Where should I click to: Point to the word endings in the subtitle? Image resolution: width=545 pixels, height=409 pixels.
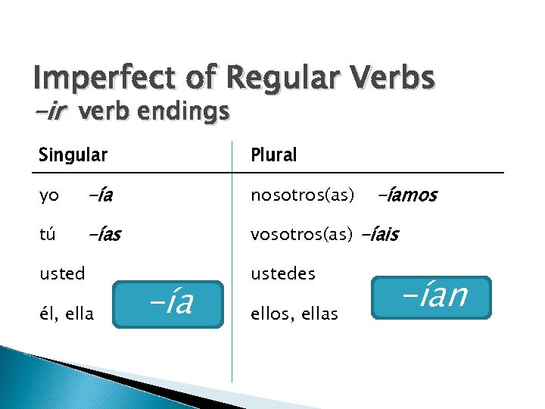(x=187, y=112)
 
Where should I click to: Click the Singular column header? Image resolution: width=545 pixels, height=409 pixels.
(x=73, y=155)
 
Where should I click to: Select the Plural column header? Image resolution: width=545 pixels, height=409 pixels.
(x=274, y=155)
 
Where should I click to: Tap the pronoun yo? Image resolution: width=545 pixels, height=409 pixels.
(x=49, y=196)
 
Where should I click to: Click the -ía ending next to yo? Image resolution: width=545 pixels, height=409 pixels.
(x=100, y=196)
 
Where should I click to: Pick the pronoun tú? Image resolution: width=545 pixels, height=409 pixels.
(x=48, y=235)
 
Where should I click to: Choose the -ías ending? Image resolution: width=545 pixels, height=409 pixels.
(x=104, y=235)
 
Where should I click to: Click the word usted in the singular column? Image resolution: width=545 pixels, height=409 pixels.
(x=62, y=273)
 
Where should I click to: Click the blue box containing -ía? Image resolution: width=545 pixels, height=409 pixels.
(x=169, y=304)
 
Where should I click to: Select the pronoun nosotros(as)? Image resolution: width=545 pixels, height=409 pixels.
(x=303, y=196)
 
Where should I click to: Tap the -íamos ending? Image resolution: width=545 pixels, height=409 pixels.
(x=406, y=196)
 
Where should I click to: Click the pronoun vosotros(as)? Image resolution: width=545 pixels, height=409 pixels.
(x=302, y=235)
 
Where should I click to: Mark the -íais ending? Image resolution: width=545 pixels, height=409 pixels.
(x=379, y=235)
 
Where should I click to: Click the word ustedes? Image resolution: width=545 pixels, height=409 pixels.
(x=283, y=273)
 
